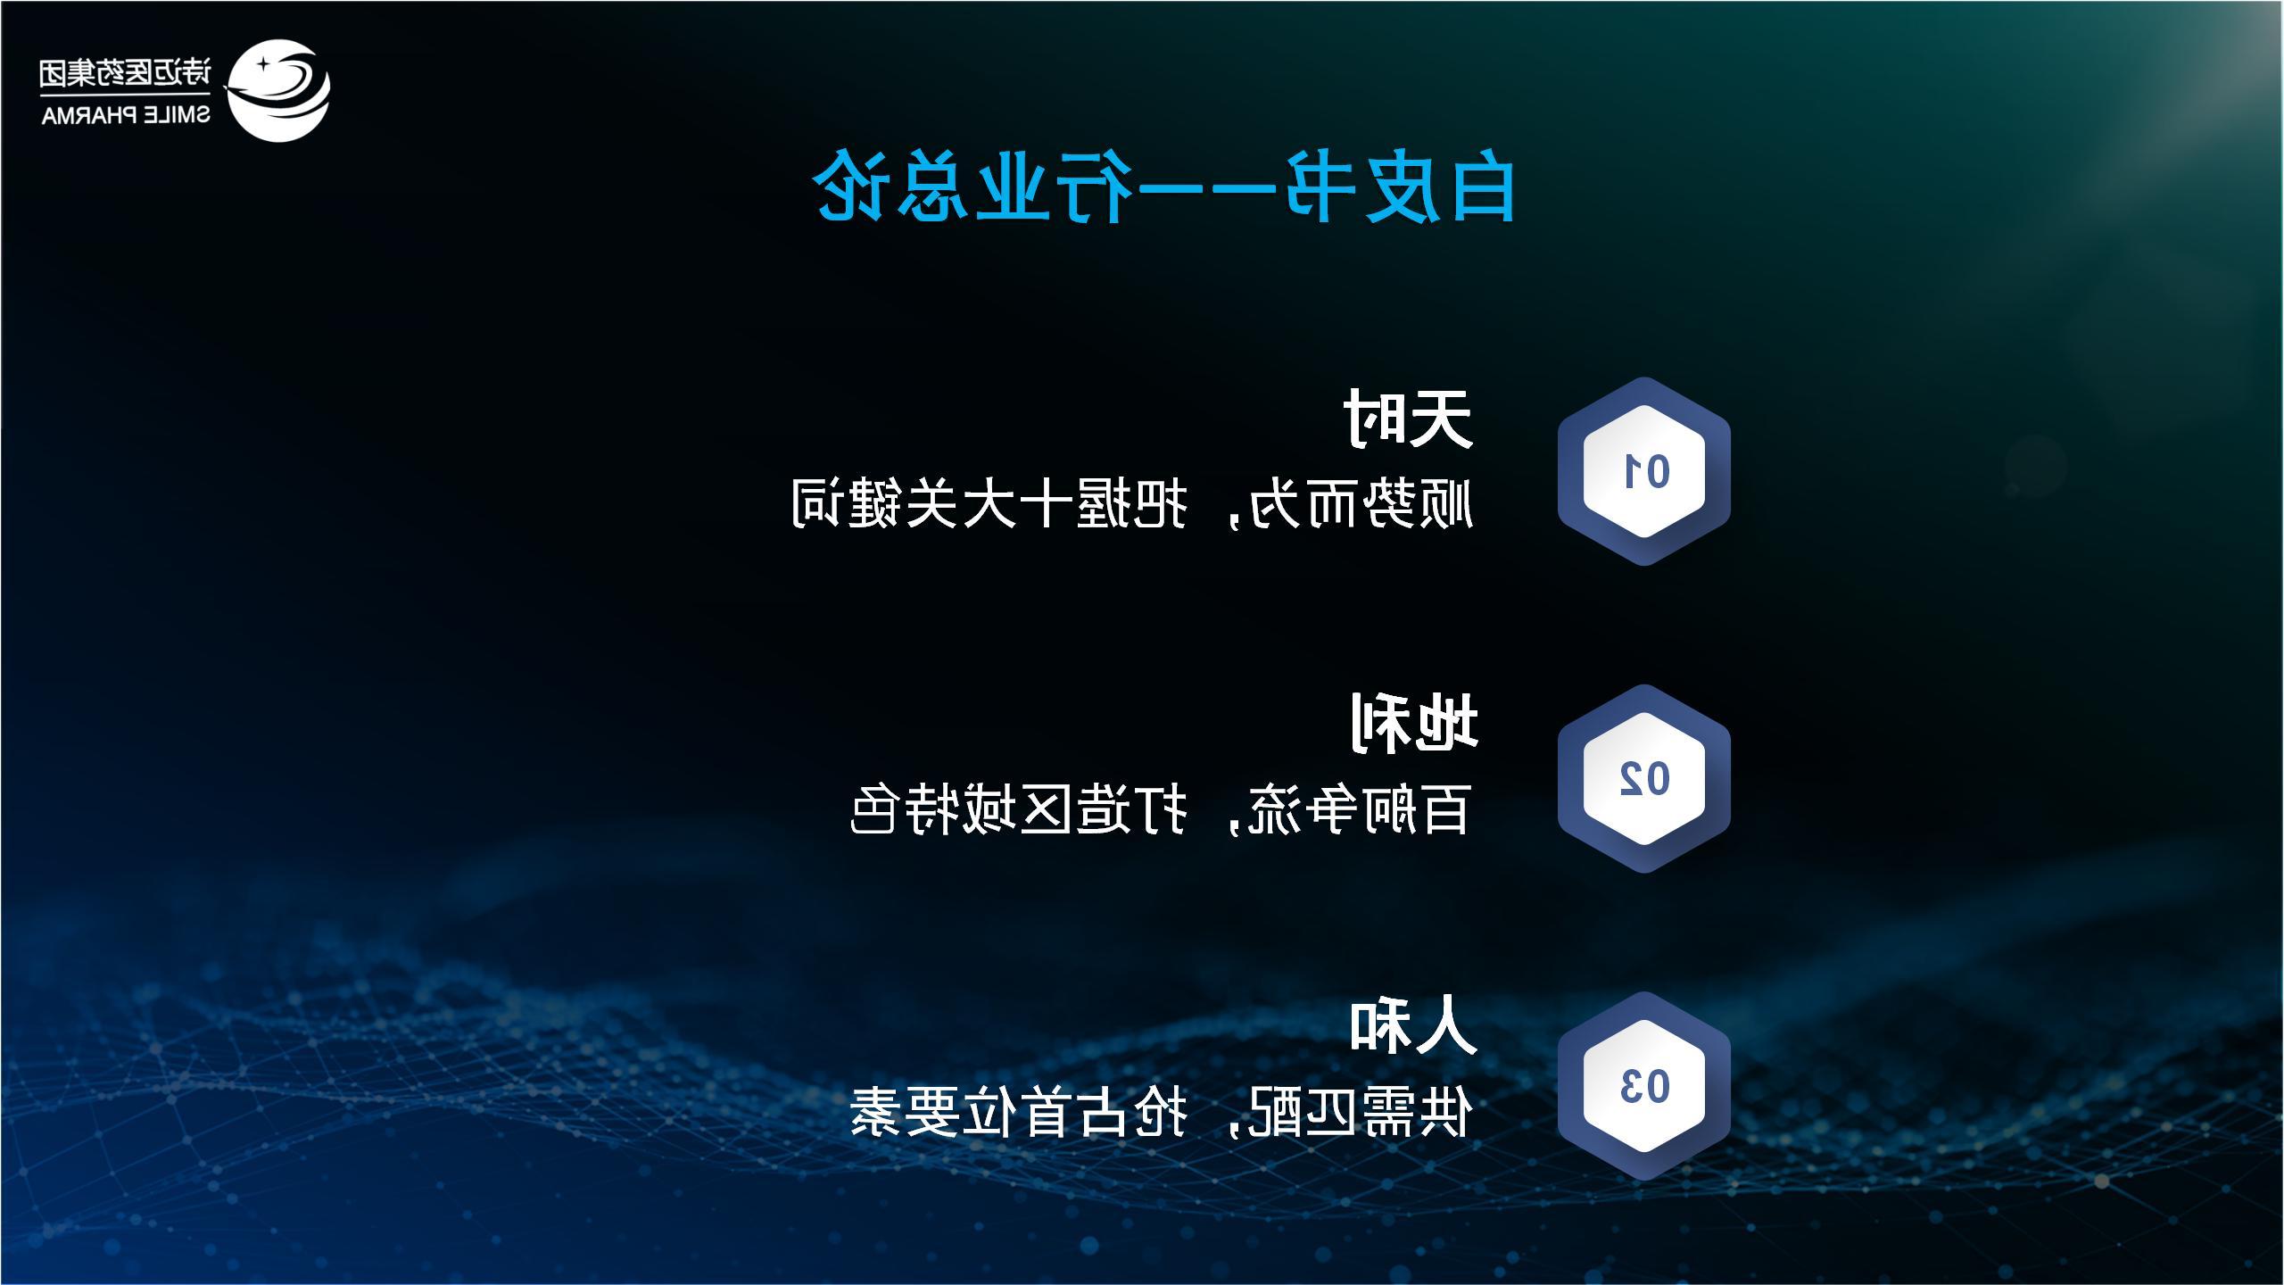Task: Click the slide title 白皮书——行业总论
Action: coord(1164,188)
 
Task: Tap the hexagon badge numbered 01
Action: coord(1644,471)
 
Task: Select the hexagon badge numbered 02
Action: coord(1644,779)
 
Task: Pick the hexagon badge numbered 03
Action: coord(1644,1086)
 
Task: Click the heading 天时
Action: coord(1408,418)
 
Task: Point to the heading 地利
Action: coord(1413,723)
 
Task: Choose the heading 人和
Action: coord(1413,1026)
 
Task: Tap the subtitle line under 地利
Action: coord(1160,809)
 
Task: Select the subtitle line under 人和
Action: coord(1160,1113)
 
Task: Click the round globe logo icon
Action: coord(277,90)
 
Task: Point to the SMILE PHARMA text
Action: coord(126,116)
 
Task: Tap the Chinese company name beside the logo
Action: coord(126,72)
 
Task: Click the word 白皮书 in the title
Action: coord(1400,188)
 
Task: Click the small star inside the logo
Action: coord(264,65)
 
